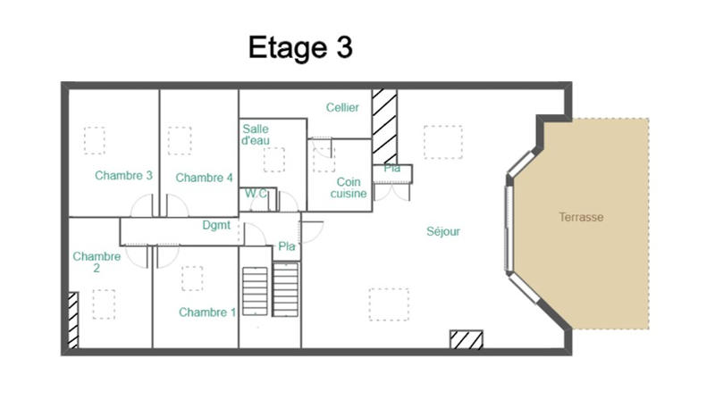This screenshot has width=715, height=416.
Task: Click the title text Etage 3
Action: click(x=300, y=47)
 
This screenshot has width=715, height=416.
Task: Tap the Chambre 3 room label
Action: click(x=123, y=176)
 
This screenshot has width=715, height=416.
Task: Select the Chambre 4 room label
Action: click(x=204, y=178)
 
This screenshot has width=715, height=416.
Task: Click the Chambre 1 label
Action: click(x=207, y=312)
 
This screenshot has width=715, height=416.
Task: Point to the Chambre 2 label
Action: click(x=97, y=262)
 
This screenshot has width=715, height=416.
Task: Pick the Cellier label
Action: click(x=342, y=108)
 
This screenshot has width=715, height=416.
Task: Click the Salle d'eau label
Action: click(x=256, y=135)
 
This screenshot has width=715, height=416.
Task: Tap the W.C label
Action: click(x=257, y=194)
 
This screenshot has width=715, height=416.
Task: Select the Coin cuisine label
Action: click(x=348, y=187)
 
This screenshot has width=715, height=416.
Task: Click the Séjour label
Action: click(x=442, y=231)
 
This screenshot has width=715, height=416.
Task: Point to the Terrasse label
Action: click(x=581, y=217)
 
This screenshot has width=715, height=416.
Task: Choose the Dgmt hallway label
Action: click(x=217, y=226)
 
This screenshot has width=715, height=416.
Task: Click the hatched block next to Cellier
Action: click(x=384, y=125)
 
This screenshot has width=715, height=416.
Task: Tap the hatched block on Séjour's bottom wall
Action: click(x=466, y=339)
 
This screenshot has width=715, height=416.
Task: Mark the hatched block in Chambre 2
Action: click(x=73, y=320)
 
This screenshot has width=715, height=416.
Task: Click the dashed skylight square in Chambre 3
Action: click(x=94, y=140)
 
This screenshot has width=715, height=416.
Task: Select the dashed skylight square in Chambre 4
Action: click(x=180, y=140)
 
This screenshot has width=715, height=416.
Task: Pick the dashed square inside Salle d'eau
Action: click(x=273, y=159)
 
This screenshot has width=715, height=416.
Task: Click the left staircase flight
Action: click(x=256, y=290)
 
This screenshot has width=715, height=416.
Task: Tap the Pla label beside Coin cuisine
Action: click(x=391, y=168)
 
